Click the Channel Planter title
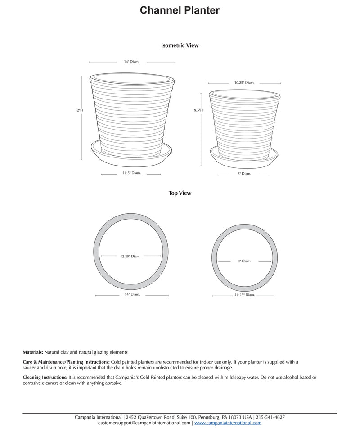click(180, 10)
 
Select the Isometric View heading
click(180, 45)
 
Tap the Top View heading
click(180, 193)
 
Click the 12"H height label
click(79, 110)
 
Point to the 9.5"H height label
click(198, 110)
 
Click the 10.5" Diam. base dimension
click(132, 173)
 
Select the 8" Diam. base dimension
click(244, 173)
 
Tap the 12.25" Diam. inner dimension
click(130, 256)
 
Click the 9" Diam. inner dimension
click(244, 261)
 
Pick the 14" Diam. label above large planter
click(131, 61)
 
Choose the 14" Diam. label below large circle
click(132, 294)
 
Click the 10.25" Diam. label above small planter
click(244, 83)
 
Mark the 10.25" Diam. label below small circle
click(244, 295)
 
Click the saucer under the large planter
click(131, 156)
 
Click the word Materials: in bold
click(33, 352)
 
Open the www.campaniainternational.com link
click(228, 423)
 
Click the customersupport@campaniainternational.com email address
click(144, 423)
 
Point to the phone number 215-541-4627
click(270, 417)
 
